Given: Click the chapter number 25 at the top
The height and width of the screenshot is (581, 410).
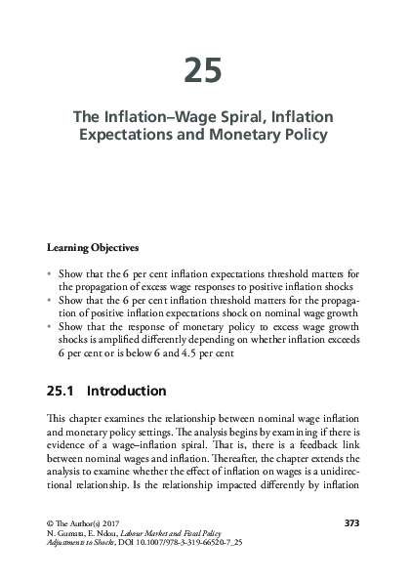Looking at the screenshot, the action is point(204,70).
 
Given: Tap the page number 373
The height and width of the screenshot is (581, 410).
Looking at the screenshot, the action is point(353,522).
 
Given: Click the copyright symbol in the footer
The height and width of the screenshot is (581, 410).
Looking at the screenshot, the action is point(51,522).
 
